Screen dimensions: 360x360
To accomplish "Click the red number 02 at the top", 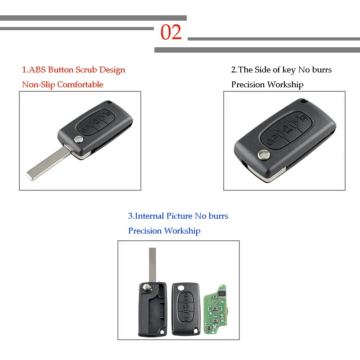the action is point(171,32).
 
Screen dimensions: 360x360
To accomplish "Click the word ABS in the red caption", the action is point(38,70).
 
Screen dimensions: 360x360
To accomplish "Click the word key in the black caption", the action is point(288,70).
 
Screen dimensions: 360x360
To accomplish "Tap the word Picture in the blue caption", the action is point(179,216).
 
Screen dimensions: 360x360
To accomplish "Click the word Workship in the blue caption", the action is point(182,231).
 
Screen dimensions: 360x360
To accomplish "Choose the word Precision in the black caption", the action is point(248,85).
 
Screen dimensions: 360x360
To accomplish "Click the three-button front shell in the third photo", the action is point(185,308).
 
